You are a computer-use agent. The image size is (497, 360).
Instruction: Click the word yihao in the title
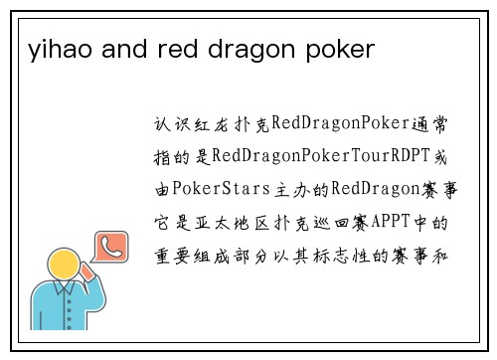[x=51, y=48]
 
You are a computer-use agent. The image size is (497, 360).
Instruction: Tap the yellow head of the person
[x=66, y=268]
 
